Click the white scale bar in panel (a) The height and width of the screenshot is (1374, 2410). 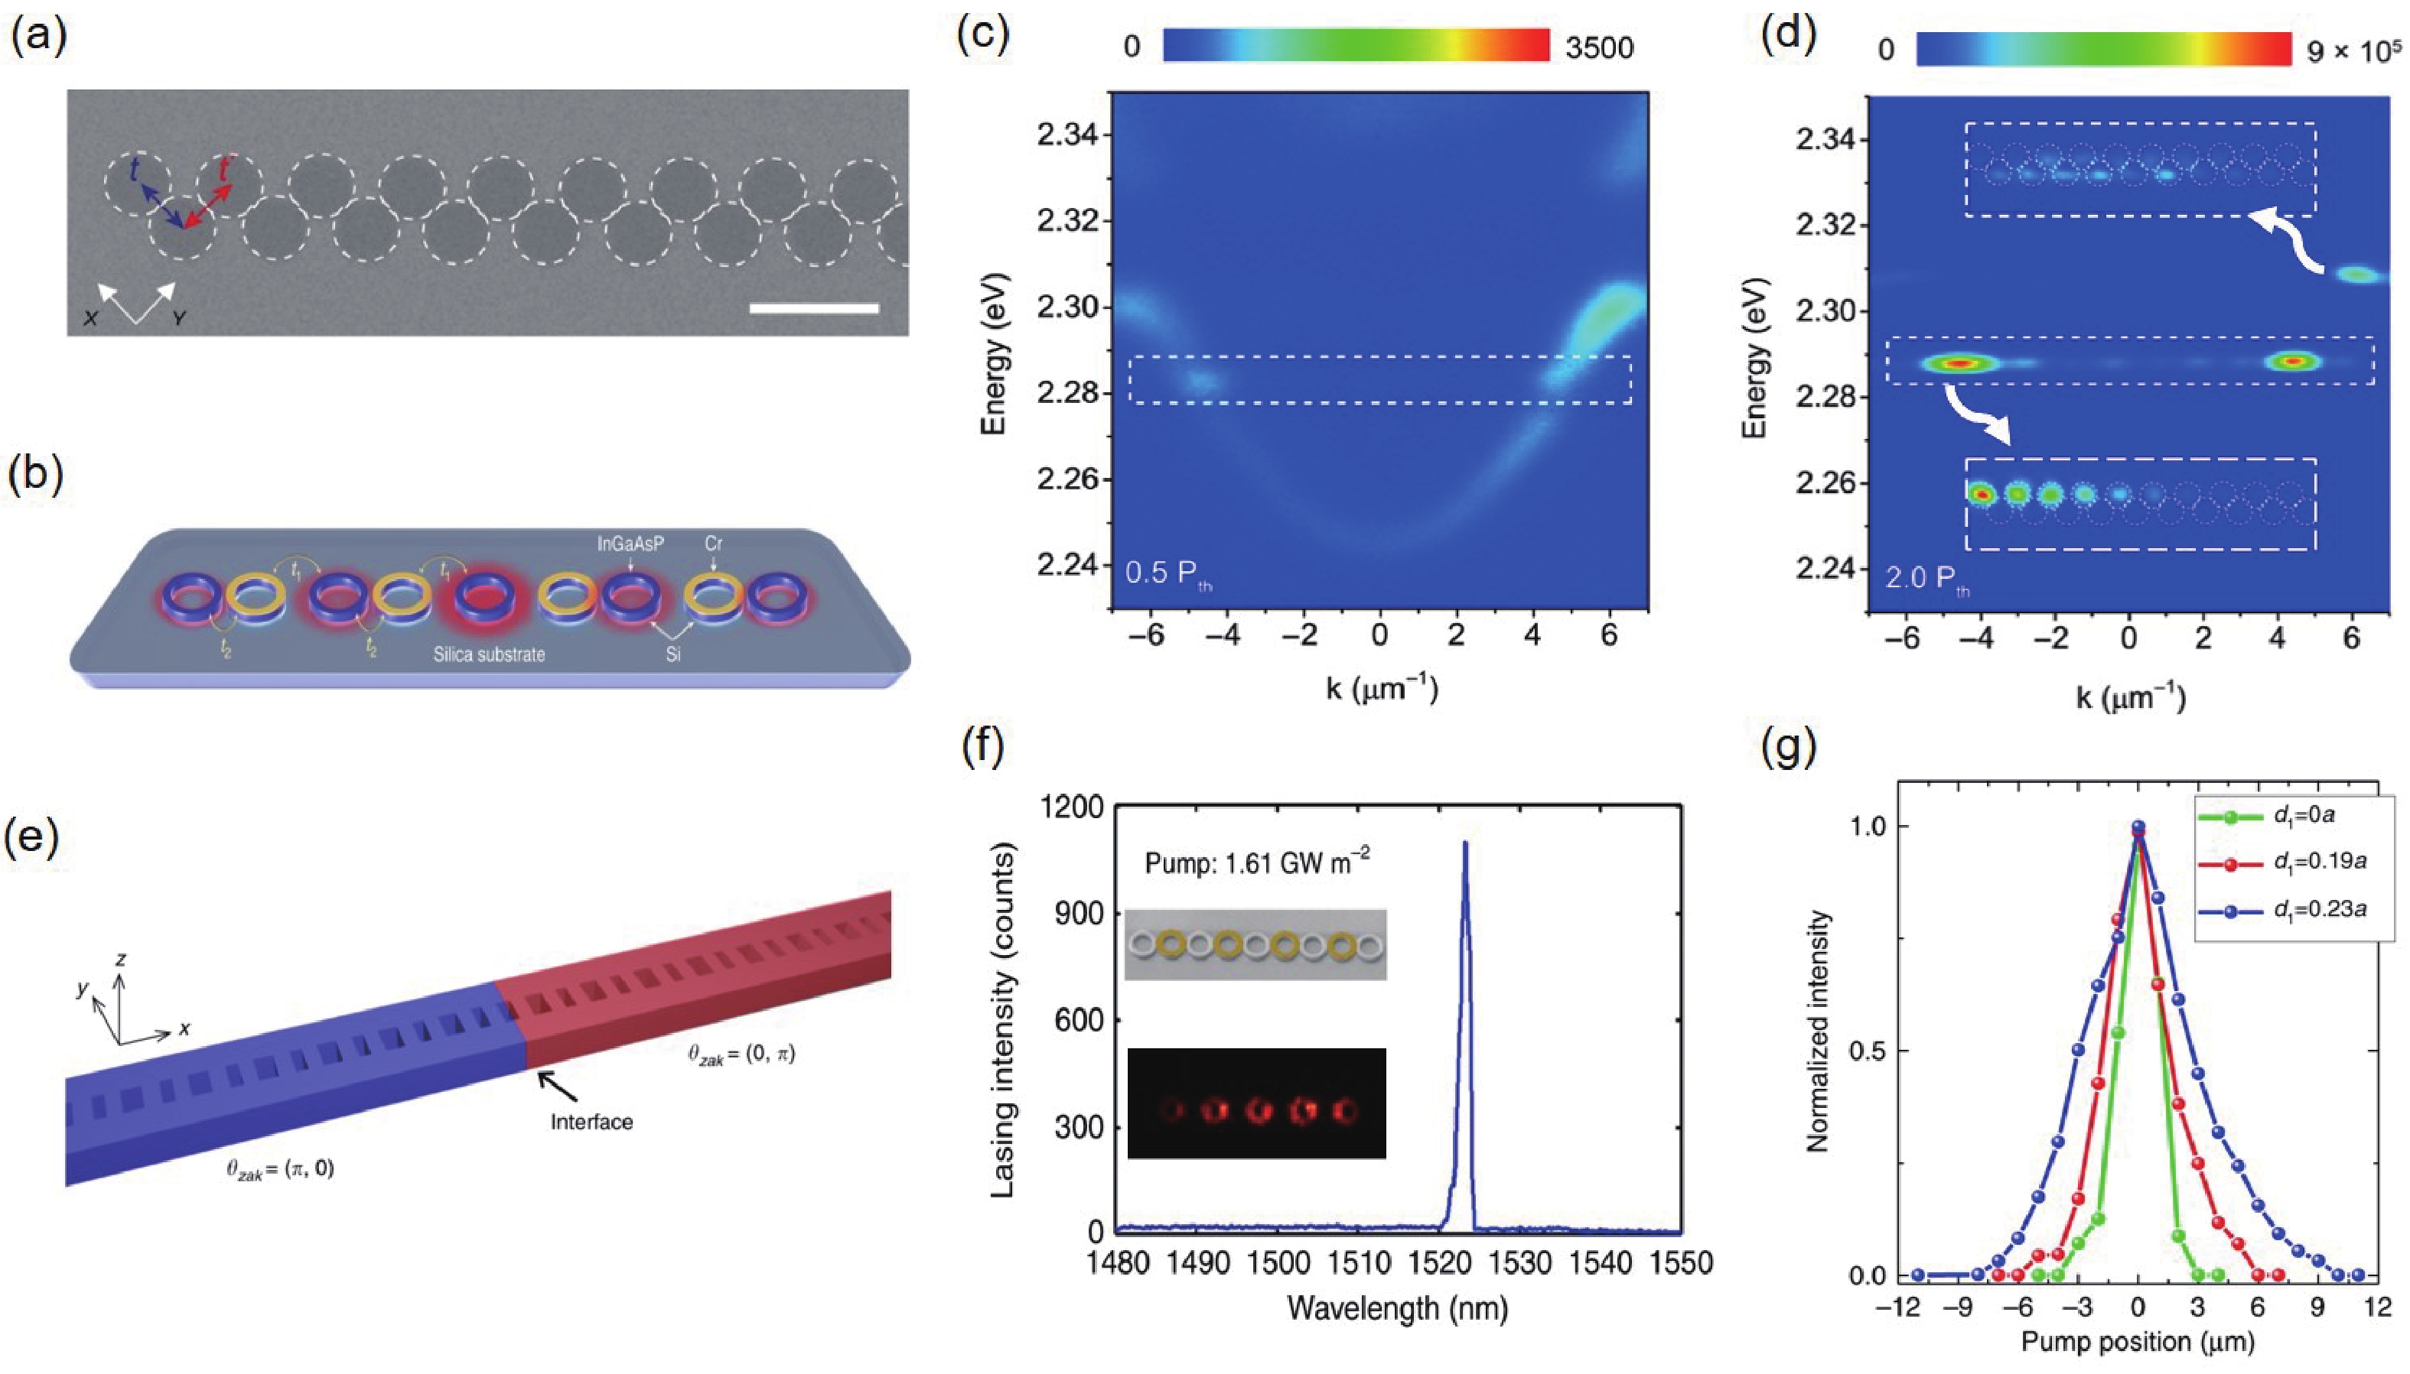click(x=814, y=307)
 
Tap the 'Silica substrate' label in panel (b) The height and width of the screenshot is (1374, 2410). click(x=489, y=653)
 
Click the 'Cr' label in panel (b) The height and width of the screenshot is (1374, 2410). click(x=714, y=544)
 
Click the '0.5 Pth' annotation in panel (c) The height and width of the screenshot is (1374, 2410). click(x=1168, y=573)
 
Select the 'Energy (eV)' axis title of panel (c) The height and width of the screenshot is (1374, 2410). click(x=994, y=354)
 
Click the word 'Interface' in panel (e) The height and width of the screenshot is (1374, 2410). click(x=592, y=1122)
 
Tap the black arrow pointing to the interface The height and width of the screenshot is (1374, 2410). click(x=557, y=1087)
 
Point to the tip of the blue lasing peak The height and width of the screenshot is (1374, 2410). click(x=1465, y=843)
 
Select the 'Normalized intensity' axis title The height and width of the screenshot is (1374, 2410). click(x=1817, y=1031)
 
